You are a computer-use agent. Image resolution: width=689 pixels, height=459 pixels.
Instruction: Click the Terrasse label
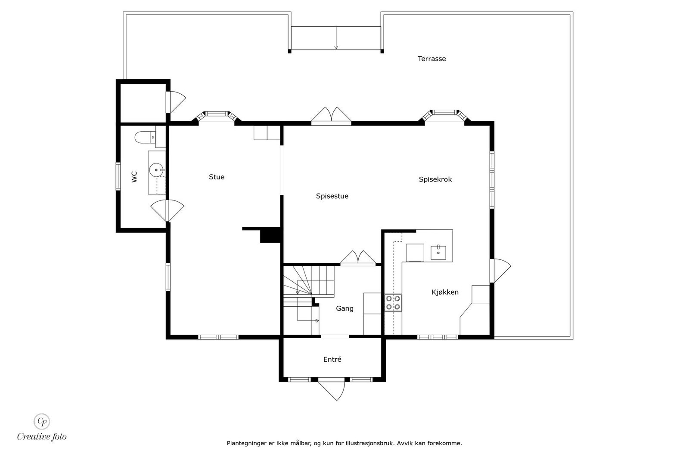[x=431, y=59]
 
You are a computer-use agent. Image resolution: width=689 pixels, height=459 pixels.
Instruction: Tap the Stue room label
[x=217, y=177]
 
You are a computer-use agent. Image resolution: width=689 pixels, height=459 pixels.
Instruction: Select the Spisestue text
[x=332, y=196]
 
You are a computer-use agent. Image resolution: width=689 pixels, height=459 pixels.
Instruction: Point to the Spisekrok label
[x=435, y=179]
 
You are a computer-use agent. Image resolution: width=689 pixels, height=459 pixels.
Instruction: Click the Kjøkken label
[x=445, y=292]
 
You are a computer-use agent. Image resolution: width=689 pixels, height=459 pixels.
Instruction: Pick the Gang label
[x=344, y=308]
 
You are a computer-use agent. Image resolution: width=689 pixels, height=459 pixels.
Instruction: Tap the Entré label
[x=332, y=359]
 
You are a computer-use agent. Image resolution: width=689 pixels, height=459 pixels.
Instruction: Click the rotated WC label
[x=134, y=177]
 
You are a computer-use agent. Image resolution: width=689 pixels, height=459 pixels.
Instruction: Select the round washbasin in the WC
[x=155, y=170]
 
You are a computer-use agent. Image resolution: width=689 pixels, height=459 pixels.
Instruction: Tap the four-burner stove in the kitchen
[x=393, y=302]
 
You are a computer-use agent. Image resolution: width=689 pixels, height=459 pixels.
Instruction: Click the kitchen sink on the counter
[x=438, y=253]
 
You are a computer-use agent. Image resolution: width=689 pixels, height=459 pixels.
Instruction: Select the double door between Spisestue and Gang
[x=358, y=258]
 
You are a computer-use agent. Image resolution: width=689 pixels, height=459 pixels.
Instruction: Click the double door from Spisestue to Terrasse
[x=331, y=116]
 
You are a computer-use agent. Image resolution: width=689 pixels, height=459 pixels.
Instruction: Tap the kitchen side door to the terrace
[x=500, y=270]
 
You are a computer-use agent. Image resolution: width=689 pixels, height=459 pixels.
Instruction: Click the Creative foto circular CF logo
[x=42, y=421]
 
